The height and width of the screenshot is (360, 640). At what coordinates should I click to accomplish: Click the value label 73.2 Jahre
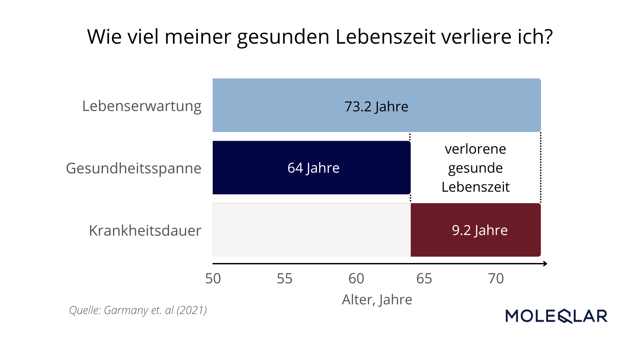click(376, 107)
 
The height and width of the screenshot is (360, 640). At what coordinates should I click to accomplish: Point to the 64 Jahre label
click(313, 168)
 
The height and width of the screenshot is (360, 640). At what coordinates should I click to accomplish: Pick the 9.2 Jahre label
click(480, 230)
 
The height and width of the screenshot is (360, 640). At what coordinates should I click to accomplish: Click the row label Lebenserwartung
click(142, 106)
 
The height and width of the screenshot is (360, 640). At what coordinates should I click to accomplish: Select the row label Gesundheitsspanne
click(134, 168)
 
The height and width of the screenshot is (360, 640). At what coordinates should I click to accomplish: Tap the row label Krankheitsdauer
click(145, 231)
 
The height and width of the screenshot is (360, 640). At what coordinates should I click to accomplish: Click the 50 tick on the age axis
click(213, 278)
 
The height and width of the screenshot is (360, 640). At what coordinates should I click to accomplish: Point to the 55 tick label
click(285, 278)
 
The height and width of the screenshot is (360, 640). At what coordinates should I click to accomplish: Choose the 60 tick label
click(356, 278)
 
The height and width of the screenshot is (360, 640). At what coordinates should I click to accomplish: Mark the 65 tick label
click(424, 278)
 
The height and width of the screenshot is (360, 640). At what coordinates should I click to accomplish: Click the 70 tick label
click(496, 278)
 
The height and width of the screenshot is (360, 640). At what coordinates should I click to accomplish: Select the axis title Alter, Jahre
click(377, 299)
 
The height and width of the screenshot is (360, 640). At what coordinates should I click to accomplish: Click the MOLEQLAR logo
click(556, 316)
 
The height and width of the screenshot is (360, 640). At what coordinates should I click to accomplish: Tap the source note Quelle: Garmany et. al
click(138, 310)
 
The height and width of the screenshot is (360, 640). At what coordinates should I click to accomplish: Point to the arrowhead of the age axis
click(545, 264)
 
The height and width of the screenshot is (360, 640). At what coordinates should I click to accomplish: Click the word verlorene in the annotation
click(475, 149)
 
